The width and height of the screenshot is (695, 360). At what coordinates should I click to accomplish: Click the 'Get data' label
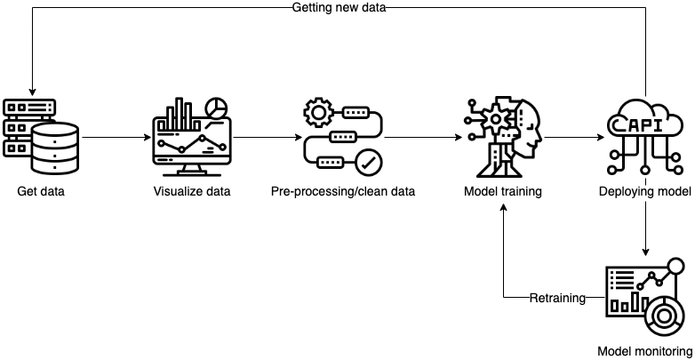coord(41,191)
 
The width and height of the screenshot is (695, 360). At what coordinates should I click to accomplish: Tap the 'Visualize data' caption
coord(191,191)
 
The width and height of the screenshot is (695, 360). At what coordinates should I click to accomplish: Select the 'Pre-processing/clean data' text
coord(343,191)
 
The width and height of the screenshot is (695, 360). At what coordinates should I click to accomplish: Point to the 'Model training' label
coord(503,191)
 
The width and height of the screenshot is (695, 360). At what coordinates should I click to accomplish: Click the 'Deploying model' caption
coord(645,191)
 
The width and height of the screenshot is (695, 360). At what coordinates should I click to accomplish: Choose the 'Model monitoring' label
coord(644,351)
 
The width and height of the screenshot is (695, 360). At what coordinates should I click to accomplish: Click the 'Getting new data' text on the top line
coord(339,7)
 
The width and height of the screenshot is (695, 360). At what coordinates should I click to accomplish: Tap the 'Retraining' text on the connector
coord(558,298)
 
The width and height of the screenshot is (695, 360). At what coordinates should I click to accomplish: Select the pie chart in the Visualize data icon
coord(215,108)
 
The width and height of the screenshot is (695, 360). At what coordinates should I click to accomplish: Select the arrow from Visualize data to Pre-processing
coord(266,138)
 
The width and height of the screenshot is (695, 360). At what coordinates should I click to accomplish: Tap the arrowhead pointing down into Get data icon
coord(32,91)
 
